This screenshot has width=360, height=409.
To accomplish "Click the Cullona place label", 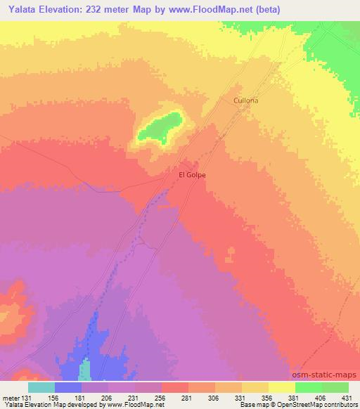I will point(246,100).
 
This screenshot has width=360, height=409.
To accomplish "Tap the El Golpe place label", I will point(192,175).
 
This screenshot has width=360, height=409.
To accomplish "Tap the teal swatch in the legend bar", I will point(41,387).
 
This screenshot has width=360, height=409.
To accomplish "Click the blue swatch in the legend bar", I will point(68,387).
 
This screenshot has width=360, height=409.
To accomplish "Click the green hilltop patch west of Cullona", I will point(160,127).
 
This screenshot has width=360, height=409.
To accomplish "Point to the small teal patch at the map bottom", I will point(85,370).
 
